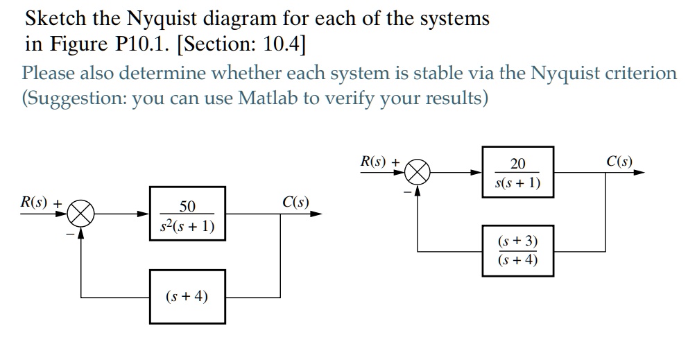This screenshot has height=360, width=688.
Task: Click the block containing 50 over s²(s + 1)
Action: pyautogui.click(x=187, y=214)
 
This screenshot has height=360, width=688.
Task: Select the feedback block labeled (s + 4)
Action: pyautogui.click(x=187, y=297)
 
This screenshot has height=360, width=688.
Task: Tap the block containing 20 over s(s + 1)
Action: pyautogui.click(x=517, y=172)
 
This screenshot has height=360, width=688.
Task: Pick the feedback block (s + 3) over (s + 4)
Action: pyautogui.click(x=517, y=250)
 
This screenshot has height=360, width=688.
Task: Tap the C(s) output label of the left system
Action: pyautogui.click(x=295, y=203)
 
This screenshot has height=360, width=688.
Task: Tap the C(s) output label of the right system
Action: pyautogui.click(x=619, y=162)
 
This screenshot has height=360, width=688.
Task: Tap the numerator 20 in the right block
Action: pyautogui.click(x=517, y=164)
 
